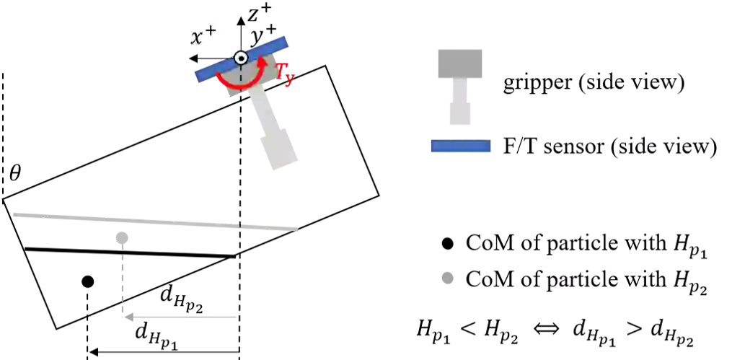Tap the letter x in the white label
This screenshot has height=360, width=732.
tap(197, 38)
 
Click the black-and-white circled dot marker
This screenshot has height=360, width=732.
tap(242, 58)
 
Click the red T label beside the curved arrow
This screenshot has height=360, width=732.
tap(285, 75)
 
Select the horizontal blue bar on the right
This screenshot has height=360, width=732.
tap(461, 147)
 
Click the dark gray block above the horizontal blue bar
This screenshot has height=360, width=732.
tap(459, 63)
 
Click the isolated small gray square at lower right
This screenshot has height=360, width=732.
tap(447, 279)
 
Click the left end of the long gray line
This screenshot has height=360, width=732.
tap(14, 213)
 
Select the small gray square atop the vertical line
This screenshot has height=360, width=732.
tap(124, 237)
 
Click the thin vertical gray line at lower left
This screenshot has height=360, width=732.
tap(124, 278)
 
